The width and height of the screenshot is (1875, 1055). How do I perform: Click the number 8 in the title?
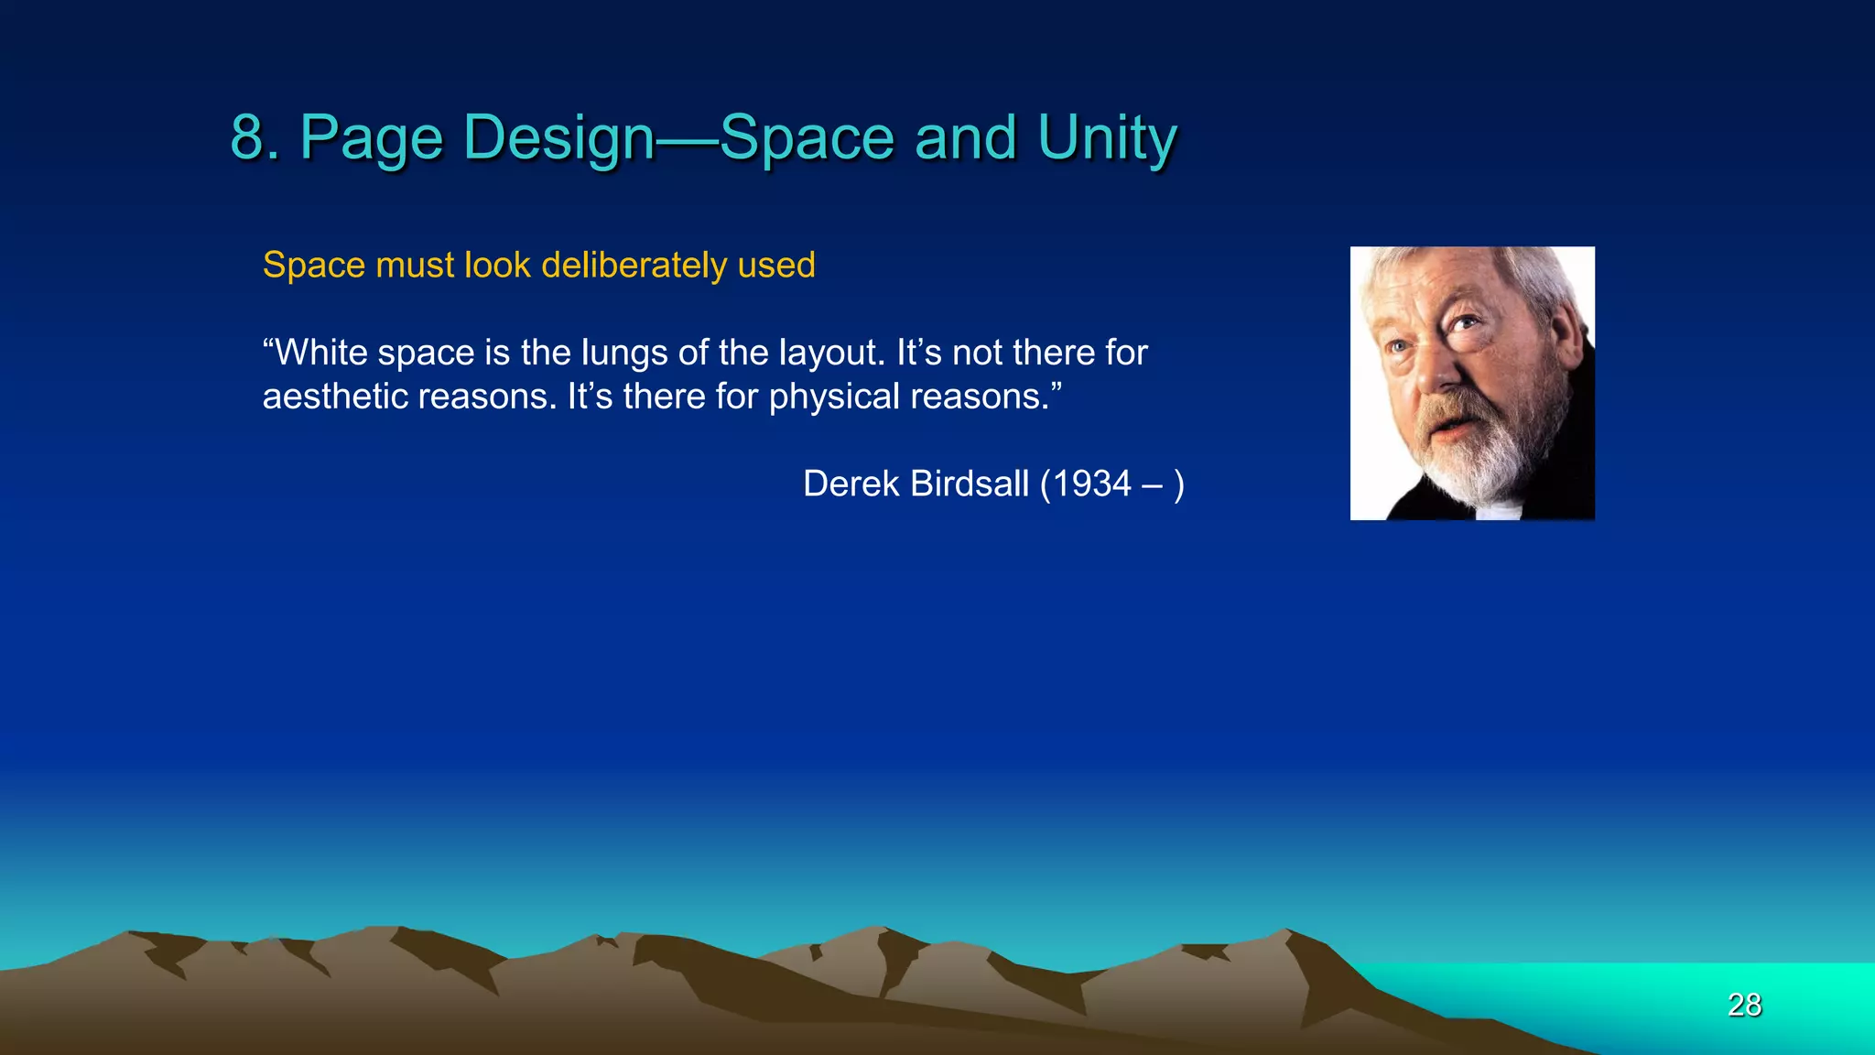click(249, 137)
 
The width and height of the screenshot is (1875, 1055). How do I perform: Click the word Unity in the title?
click(1107, 137)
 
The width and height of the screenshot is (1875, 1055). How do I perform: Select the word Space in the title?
click(806, 137)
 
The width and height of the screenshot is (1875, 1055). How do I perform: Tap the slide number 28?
click(1744, 1005)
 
